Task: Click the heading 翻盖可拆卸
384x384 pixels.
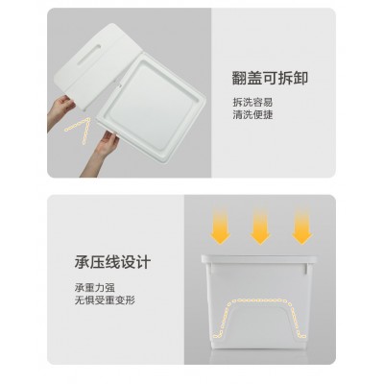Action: coord(270,79)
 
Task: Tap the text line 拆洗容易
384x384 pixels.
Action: coord(252,102)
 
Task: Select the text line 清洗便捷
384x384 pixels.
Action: coord(252,114)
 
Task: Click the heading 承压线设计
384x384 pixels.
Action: coord(112,262)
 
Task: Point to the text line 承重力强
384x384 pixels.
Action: coord(95,288)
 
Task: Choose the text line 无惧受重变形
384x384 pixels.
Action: coord(105,300)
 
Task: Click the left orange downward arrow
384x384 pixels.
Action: coord(220,226)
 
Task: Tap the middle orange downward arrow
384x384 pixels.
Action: coord(260,226)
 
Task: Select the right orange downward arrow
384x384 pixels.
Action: coord(302,226)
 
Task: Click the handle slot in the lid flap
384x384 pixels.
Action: coord(88,55)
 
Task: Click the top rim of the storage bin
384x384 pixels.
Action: coord(259,259)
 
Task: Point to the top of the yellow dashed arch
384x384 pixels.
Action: coord(260,300)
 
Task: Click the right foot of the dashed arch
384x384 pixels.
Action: coord(301,335)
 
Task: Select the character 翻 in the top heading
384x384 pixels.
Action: coord(239,79)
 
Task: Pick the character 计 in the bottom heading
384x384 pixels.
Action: coord(143,262)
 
